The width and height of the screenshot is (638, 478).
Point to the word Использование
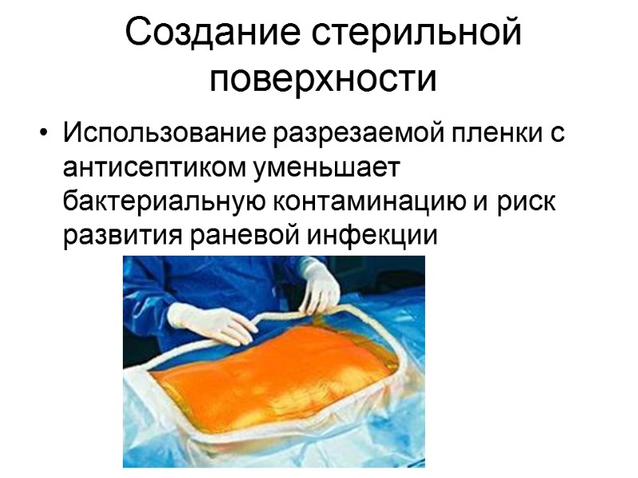(166, 132)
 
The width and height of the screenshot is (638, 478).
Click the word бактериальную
(159, 202)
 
